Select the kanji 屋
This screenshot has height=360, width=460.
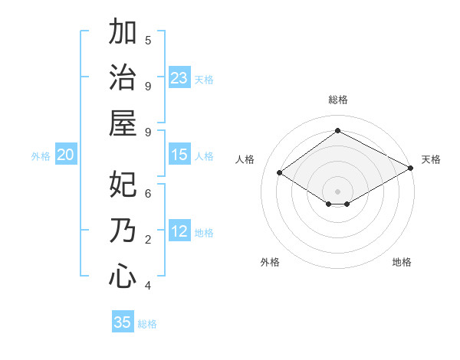pyautogui.click(x=123, y=123)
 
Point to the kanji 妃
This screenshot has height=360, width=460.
pyautogui.click(x=123, y=185)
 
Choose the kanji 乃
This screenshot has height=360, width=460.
pyautogui.click(x=123, y=231)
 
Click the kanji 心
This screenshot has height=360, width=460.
pyautogui.click(x=123, y=277)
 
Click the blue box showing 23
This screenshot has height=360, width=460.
pyautogui.click(x=179, y=77)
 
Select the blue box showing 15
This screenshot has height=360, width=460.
pyautogui.click(x=179, y=155)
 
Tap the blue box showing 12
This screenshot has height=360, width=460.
pyautogui.click(x=179, y=231)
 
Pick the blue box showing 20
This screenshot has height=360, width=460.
pyautogui.click(x=66, y=155)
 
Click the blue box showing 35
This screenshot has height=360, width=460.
pyautogui.click(x=123, y=322)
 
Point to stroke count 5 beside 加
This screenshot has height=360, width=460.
pyautogui.click(x=148, y=40)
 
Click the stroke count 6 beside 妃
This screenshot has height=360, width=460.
pyautogui.click(x=148, y=194)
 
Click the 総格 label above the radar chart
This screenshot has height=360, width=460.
pyautogui.click(x=337, y=100)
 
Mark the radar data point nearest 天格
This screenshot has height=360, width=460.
pyautogui.click(x=411, y=168)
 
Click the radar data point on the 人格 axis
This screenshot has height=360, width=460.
pyautogui.click(x=280, y=173)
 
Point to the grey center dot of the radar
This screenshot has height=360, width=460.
pyautogui.click(x=337, y=191)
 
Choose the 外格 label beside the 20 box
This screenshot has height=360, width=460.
pyautogui.click(x=41, y=155)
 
